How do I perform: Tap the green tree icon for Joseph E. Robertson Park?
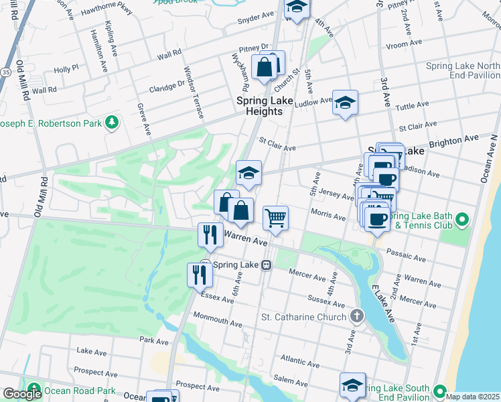tap(113, 123)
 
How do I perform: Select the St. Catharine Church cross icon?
tap(358, 316)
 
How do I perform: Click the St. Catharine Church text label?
tap(303, 317)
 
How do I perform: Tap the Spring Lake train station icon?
tap(266, 265)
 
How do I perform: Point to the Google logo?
tap(21, 394)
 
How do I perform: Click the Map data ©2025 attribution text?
tap(472, 397)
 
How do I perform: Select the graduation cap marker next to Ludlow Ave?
tap(345, 103)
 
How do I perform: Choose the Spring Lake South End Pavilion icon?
tap(439, 391)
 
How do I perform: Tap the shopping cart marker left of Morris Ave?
tap(275, 218)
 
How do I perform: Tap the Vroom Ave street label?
tap(405, 43)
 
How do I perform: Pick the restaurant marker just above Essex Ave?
tap(200, 274)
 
